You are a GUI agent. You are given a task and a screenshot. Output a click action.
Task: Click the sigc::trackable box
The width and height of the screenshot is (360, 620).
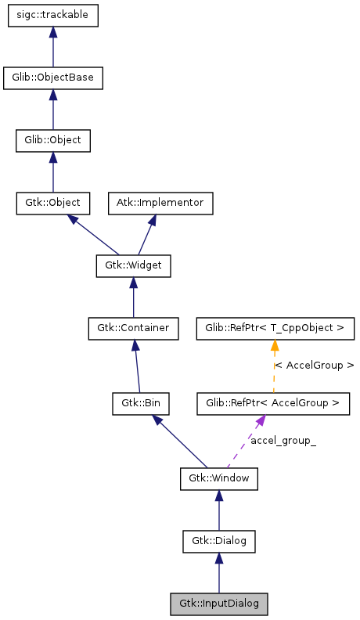(x=53, y=16)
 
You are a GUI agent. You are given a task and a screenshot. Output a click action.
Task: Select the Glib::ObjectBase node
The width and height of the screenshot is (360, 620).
(x=53, y=77)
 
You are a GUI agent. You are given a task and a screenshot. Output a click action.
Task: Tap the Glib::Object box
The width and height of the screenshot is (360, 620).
(x=53, y=141)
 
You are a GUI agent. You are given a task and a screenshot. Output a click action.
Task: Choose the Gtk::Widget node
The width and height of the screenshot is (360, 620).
(x=133, y=265)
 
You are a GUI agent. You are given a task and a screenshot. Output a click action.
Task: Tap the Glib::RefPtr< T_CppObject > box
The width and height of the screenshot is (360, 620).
(x=275, y=327)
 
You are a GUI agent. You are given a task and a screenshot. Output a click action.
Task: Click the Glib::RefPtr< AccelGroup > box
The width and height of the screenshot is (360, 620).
(x=272, y=404)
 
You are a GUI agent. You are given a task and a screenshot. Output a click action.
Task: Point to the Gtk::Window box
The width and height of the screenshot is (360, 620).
(x=219, y=477)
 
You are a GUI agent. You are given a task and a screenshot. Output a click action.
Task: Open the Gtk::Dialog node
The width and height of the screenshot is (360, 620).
(x=219, y=539)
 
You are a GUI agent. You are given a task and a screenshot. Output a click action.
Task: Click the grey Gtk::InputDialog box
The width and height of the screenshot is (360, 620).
(x=219, y=604)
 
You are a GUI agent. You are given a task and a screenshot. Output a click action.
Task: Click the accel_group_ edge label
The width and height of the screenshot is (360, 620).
(x=283, y=442)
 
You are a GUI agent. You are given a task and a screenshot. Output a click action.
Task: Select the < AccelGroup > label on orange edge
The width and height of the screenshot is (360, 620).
(x=314, y=366)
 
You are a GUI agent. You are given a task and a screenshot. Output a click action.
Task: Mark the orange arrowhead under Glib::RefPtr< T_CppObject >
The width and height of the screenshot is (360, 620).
(x=275, y=345)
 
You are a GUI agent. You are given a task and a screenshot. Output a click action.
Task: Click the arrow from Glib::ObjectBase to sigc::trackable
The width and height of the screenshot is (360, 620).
(x=53, y=47)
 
